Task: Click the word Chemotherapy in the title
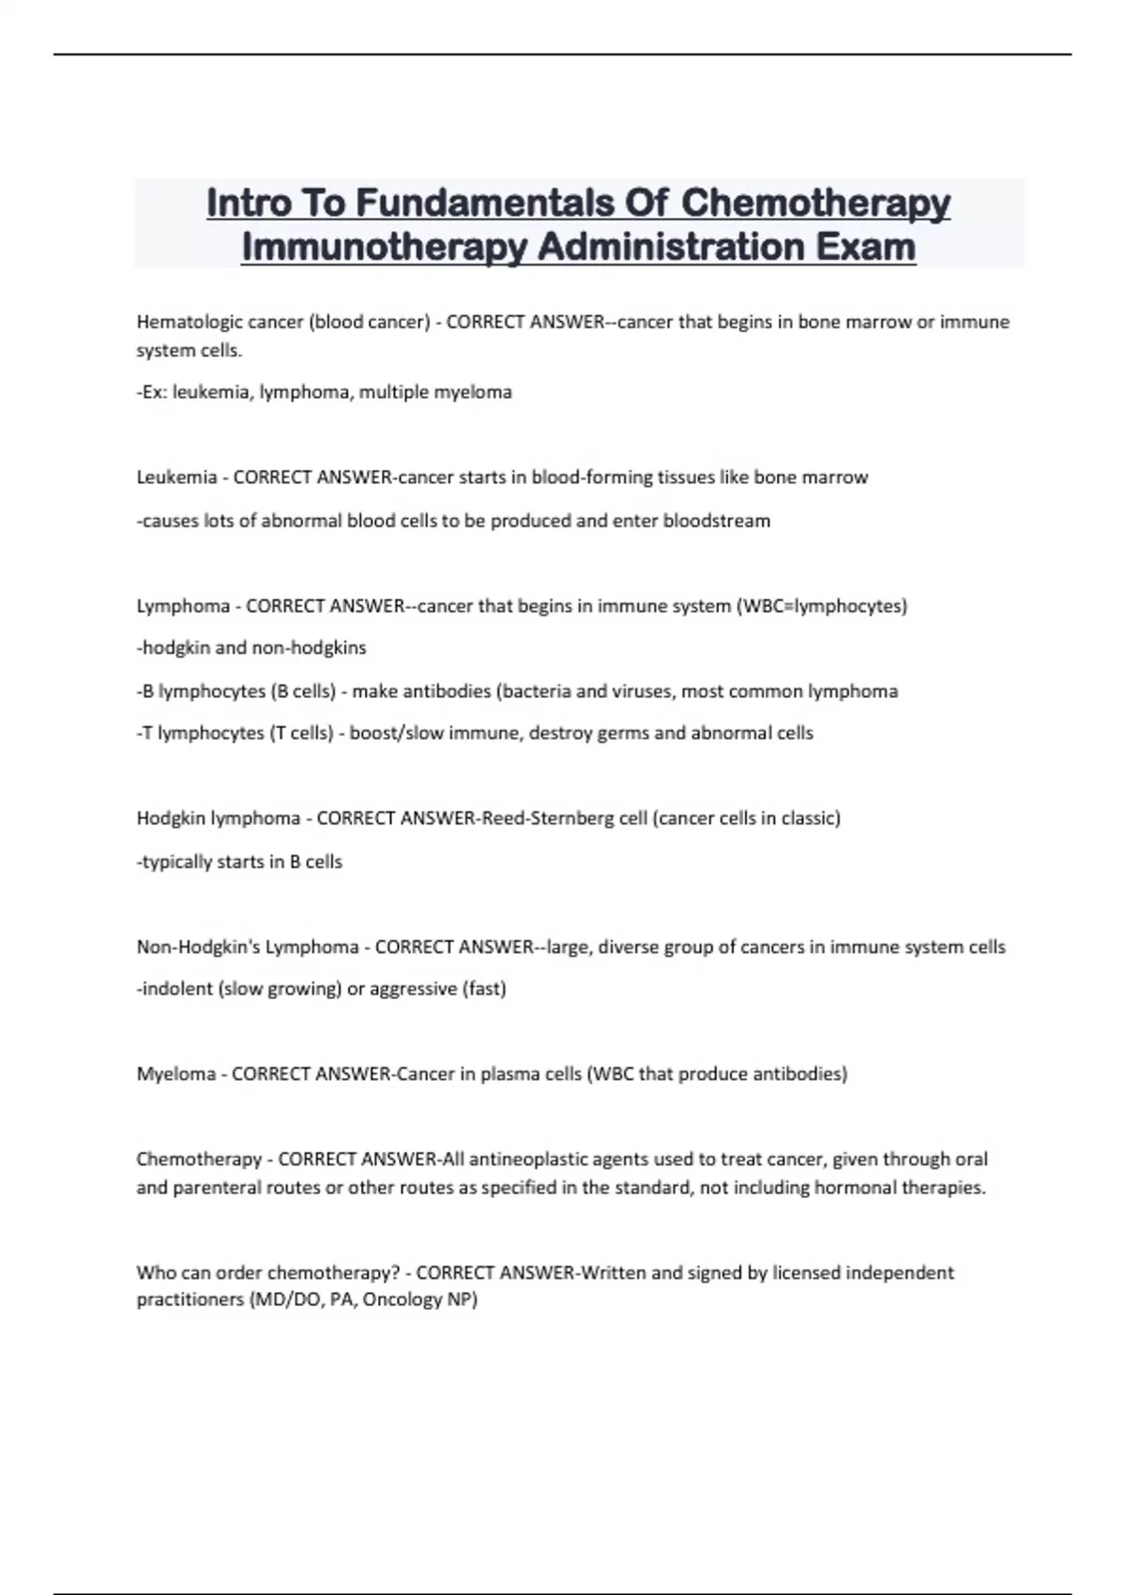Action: pyautogui.click(x=815, y=203)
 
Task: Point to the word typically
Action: pyautogui.click(x=176, y=861)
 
